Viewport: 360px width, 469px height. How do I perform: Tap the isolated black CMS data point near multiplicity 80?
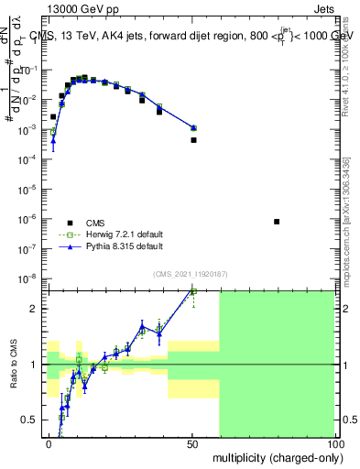click(278, 222)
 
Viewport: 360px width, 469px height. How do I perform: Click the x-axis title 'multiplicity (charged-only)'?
click(273, 455)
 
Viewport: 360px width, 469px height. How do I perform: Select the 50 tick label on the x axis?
click(192, 442)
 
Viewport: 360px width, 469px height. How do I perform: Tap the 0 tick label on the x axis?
click(49, 442)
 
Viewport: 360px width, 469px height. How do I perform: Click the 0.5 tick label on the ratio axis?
click(29, 420)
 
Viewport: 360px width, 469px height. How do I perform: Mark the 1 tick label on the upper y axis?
click(35, 40)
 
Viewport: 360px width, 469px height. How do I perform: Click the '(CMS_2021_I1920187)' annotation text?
click(190, 274)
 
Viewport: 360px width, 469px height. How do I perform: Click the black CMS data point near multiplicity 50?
click(193, 140)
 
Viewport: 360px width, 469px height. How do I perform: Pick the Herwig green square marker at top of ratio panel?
click(193, 292)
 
